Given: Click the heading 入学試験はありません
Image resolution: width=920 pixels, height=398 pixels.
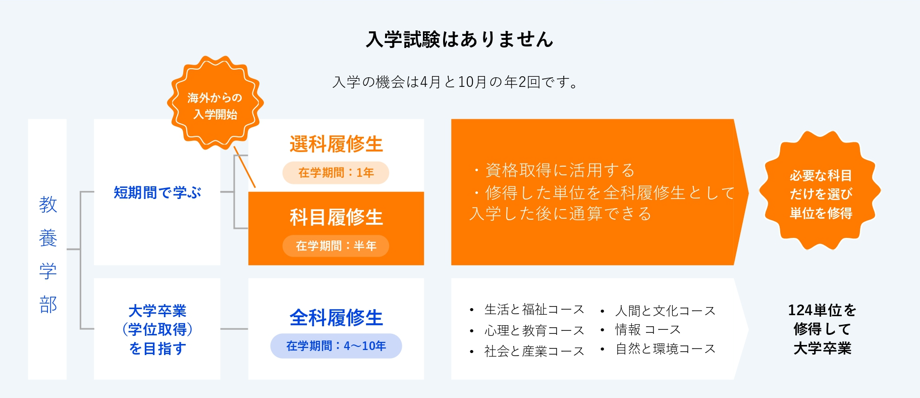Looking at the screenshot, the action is (460, 39).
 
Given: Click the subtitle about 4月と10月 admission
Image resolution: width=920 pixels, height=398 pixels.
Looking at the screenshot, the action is (456, 82).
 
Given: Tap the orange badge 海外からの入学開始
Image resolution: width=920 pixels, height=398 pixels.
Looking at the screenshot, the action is (215, 103).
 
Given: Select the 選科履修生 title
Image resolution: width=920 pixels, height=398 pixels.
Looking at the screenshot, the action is (336, 144).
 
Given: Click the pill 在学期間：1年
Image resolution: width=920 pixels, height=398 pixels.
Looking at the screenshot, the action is (336, 173).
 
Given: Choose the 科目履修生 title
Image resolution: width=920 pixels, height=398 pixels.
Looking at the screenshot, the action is (336, 217).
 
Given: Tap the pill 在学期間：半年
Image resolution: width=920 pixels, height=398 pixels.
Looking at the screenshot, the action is (336, 246).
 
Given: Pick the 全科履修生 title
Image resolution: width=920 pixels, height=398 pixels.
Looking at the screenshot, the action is (336, 318).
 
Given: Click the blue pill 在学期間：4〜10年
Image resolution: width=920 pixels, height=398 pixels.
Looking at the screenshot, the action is (336, 346).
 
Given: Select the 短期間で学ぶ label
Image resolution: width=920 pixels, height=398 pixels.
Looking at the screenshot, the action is (157, 192).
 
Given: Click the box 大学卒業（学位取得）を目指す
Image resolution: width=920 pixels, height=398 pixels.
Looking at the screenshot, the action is (157, 329).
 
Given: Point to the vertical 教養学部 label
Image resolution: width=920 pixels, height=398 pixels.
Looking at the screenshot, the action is (48, 255).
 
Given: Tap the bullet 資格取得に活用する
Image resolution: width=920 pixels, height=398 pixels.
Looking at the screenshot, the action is (553, 170).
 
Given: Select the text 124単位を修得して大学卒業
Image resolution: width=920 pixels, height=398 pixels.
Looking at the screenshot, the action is (822, 329).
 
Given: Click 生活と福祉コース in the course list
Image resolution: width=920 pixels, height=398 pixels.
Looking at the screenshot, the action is (534, 309).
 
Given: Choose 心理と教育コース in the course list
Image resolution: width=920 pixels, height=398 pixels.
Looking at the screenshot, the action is (534, 330).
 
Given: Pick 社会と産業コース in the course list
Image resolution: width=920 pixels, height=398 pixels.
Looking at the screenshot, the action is (534, 351).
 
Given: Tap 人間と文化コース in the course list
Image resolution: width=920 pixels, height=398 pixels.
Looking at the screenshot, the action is (665, 311).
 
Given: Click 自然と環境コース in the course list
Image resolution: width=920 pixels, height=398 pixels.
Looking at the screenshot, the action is (665, 349).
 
